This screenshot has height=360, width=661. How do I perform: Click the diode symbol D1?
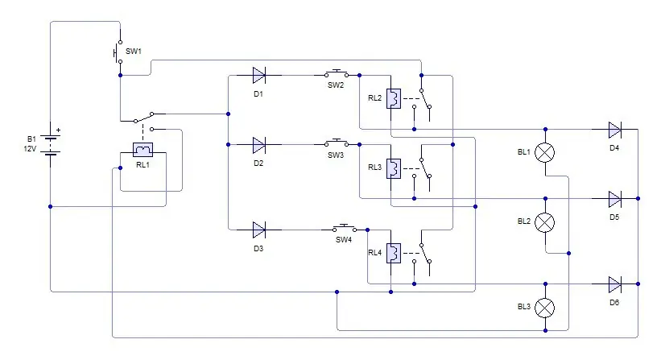pos(258,76)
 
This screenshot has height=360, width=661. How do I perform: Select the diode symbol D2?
pos(258,145)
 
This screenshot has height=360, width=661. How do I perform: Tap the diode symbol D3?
pos(258,230)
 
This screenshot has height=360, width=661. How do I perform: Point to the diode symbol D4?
pos(614,130)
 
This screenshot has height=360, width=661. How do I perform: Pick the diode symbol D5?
pos(614,199)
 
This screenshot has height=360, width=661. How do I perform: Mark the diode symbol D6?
pos(614,284)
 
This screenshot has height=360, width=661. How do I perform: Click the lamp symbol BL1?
pos(544,152)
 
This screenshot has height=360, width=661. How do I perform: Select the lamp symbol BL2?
pos(544,222)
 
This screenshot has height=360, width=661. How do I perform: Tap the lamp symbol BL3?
pos(544,308)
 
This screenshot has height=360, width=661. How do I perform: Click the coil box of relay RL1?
pos(143,150)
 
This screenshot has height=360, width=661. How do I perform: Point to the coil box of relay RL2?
pos(394,98)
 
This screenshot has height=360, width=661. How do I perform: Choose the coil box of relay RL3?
pos(394,168)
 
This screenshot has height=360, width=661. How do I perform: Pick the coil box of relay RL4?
pos(394,254)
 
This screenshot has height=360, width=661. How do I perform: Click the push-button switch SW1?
pos(118,52)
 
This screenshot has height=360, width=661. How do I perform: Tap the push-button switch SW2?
pos(337,74)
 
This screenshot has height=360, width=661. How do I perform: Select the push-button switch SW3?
pos(337,143)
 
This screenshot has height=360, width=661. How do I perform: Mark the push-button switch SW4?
pos(345,228)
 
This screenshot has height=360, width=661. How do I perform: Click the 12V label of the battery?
pos(30,149)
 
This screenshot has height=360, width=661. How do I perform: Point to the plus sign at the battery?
pos(58,130)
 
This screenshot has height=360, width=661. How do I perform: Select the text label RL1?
pos(143,165)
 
